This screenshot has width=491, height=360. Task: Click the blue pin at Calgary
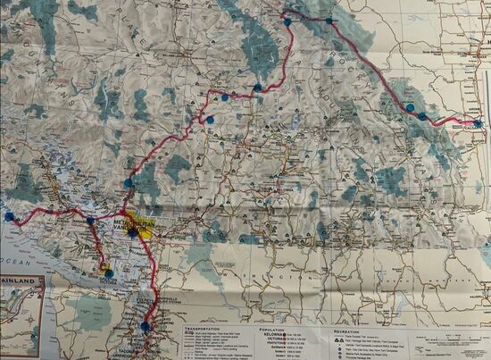[x=478, y=123]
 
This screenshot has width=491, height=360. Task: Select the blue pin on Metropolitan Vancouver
[x=133, y=231]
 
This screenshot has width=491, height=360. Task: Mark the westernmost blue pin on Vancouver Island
[x=9, y=216]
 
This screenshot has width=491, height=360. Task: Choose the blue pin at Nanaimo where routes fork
[x=90, y=221]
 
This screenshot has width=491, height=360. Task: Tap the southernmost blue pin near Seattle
[x=145, y=326]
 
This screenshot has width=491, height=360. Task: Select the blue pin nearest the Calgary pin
[x=422, y=115]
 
